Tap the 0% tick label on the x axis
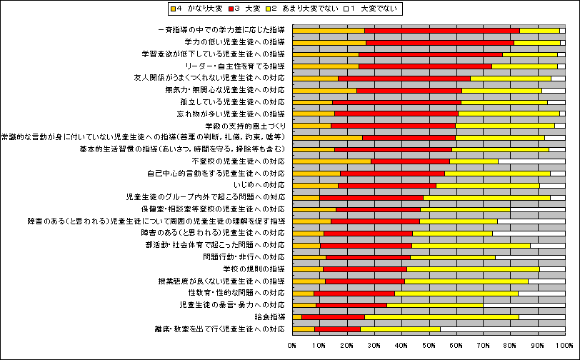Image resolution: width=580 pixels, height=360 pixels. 292,345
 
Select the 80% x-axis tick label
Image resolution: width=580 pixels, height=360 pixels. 511,345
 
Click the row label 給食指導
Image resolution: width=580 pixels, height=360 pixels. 269,316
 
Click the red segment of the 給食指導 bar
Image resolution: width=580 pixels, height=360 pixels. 333,316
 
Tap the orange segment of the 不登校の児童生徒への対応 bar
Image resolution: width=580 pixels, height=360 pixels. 331,161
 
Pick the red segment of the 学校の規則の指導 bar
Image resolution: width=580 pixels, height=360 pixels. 364,269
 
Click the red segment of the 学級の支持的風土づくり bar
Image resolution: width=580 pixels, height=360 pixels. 393,126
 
